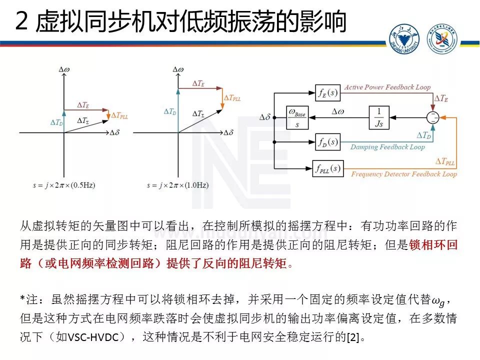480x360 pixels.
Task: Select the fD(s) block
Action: click(328, 142)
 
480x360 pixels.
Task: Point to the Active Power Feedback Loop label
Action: click(387, 87)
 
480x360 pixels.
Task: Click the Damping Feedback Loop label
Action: click(387, 147)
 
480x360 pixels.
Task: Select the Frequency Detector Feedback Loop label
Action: click(404, 174)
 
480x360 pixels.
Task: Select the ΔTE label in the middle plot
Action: click(198, 84)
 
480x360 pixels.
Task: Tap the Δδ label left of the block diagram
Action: click(265, 117)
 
